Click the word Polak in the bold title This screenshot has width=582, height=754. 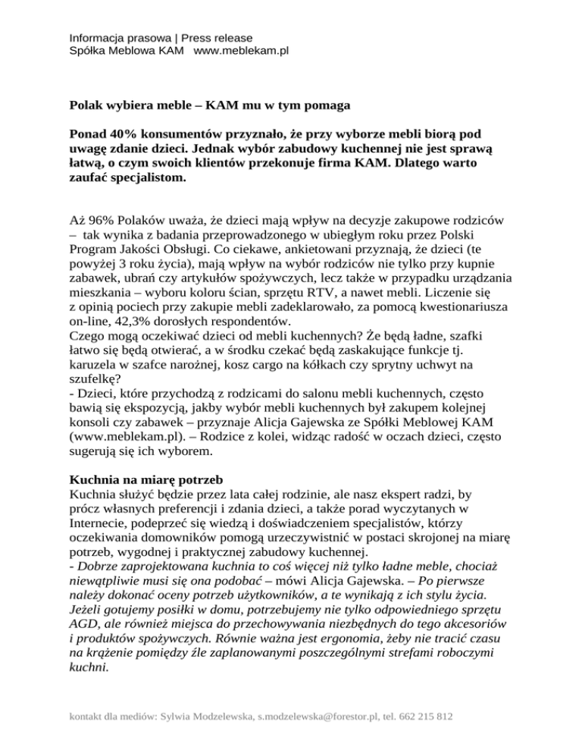[86, 106]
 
